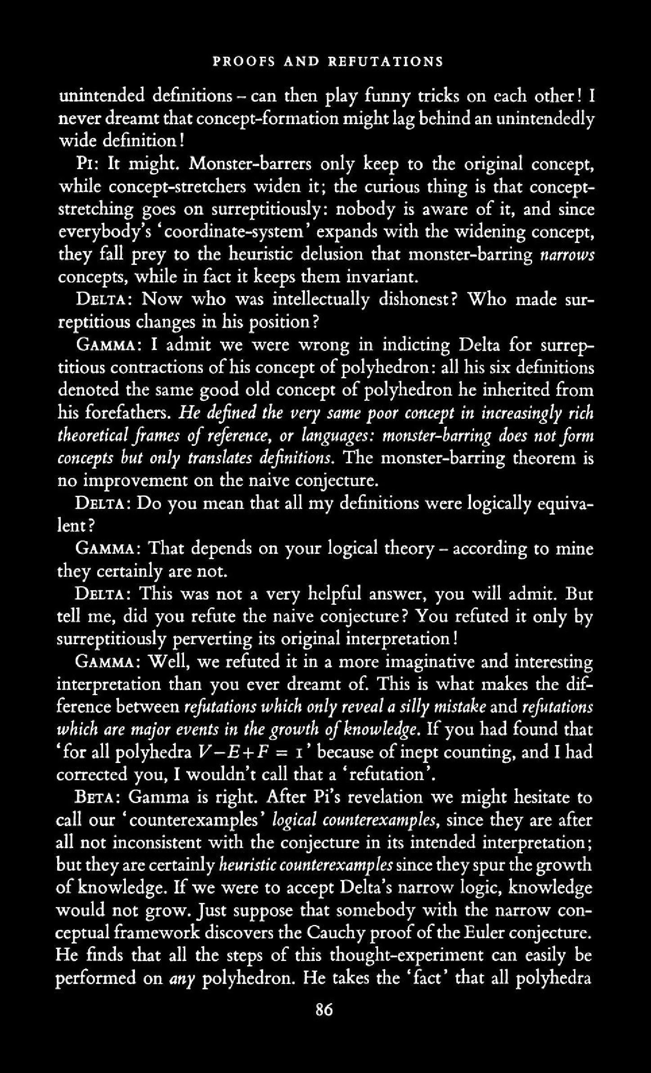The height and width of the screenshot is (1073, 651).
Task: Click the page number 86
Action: tap(324, 1010)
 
